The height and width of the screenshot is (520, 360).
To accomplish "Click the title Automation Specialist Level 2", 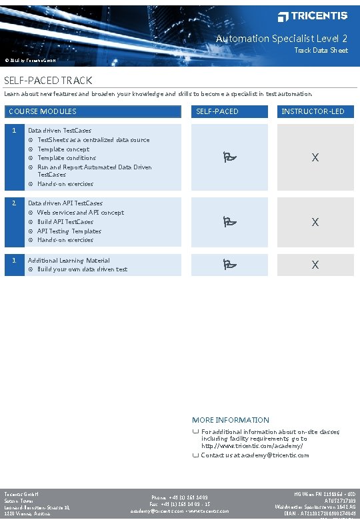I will (281, 39).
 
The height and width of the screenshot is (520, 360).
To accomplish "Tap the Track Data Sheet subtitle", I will (321, 51).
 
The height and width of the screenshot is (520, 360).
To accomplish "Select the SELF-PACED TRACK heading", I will (48, 81).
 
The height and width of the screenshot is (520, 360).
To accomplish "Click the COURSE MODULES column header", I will (42, 111).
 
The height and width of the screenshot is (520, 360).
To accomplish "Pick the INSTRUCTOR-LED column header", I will (313, 111).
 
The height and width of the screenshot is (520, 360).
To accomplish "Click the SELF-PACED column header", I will (217, 111).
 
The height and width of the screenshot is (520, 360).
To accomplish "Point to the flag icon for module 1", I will (229, 157).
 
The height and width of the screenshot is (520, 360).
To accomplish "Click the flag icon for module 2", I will (229, 222).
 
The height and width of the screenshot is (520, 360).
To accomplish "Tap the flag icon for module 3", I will (229, 265).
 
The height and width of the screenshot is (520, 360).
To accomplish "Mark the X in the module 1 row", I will (315, 157).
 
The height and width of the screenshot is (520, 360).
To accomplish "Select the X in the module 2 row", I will (315, 222).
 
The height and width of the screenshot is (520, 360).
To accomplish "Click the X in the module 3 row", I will (315, 265).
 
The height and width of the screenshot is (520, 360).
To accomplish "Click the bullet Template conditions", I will (67, 158).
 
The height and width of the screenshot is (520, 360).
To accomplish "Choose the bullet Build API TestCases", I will (65, 222).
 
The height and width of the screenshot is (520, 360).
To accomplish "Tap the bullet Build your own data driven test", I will (82, 269).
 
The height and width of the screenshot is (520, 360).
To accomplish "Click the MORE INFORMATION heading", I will (231, 420).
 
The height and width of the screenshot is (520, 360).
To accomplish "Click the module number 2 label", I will (14, 202).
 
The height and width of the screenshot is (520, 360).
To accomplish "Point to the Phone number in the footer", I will (179, 497).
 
